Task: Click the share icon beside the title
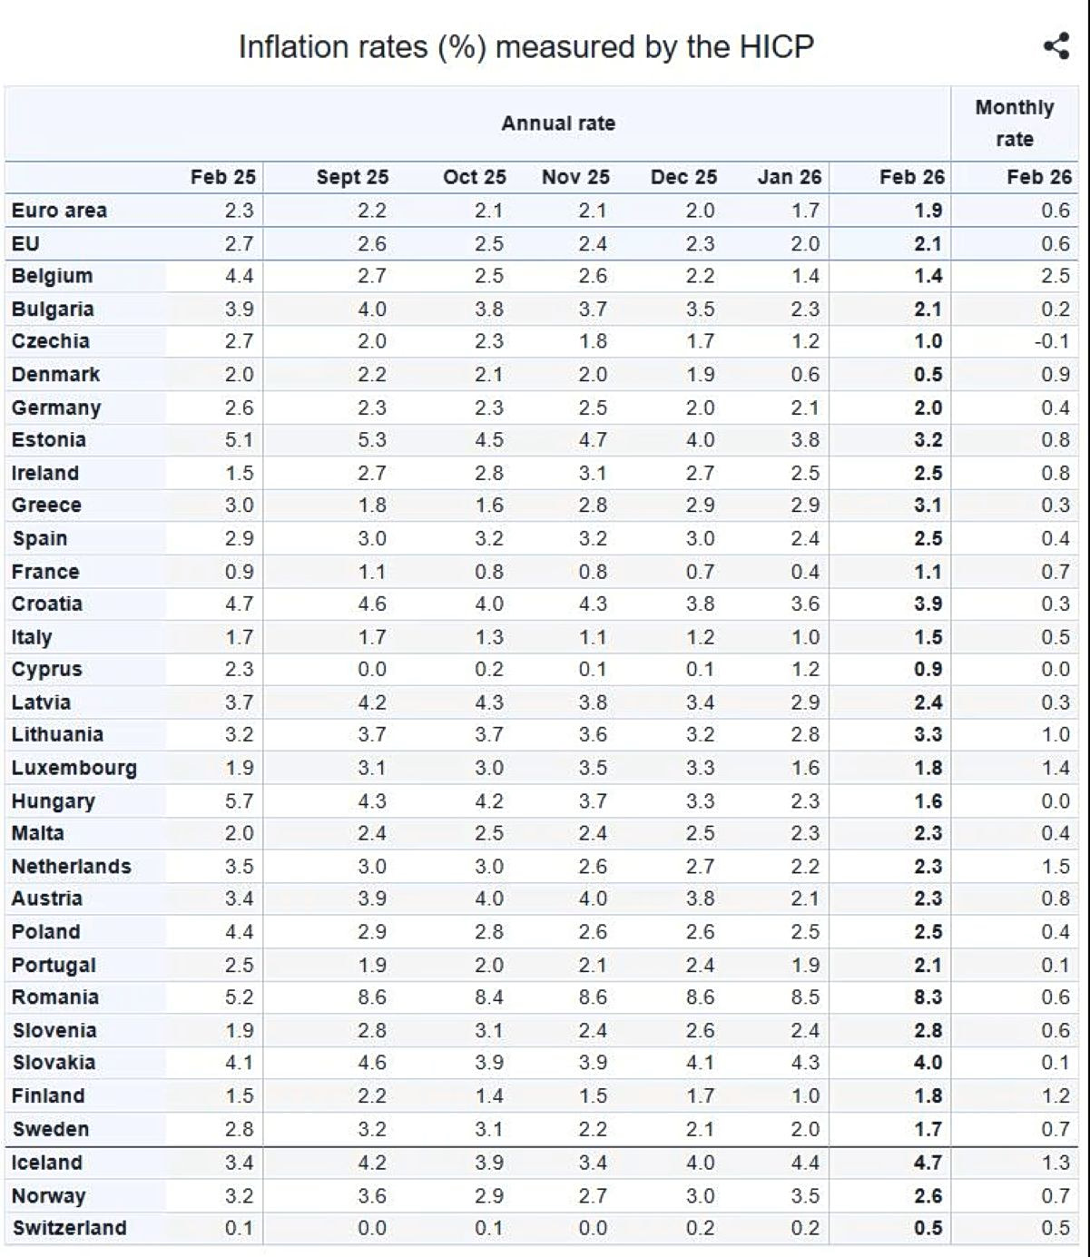click(x=1056, y=46)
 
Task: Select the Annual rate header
click(x=558, y=123)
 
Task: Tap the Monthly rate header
click(x=1015, y=123)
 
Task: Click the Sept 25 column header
click(x=352, y=177)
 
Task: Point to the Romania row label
click(x=55, y=997)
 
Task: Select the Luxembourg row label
click(x=74, y=768)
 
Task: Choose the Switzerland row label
click(x=70, y=1228)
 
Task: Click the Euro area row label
click(x=59, y=211)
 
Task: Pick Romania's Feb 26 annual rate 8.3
click(x=928, y=997)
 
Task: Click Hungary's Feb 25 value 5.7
click(x=240, y=801)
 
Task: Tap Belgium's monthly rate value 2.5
click(x=1056, y=276)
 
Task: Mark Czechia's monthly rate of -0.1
click(x=1052, y=342)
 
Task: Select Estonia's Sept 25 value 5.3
click(x=371, y=440)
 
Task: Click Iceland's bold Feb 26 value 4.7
click(x=928, y=1163)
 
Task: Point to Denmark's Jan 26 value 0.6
click(x=805, y=375)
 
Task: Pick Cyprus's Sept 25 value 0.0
click(x=371, y=670)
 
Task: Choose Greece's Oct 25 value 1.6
click(x=488, y=506)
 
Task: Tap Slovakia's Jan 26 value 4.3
click(x=805, y=1063)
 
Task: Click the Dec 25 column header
click(x=683, y=177)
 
